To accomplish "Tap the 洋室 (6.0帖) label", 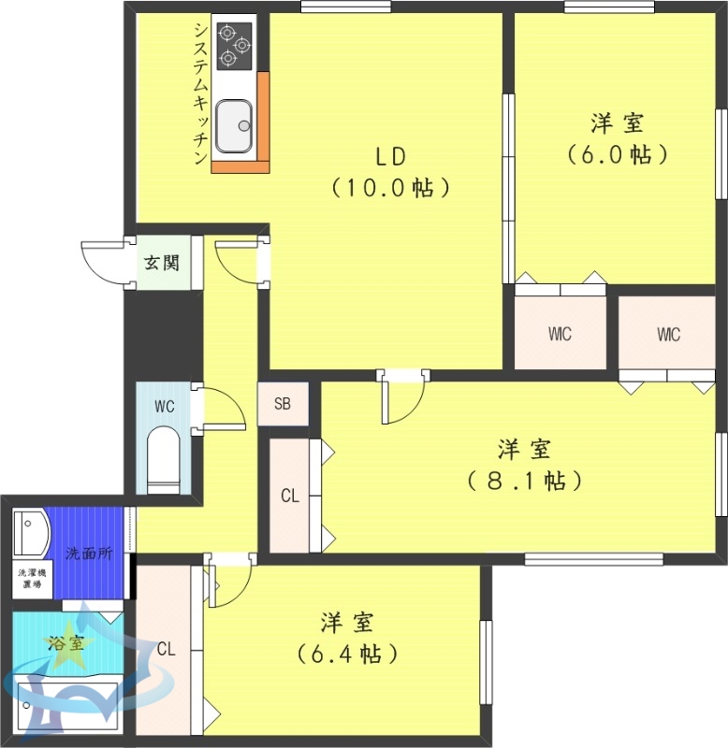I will (617, 138).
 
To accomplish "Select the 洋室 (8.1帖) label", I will (524, 465).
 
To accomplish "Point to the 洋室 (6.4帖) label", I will (347, 638).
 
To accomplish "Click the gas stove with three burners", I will (234, 46).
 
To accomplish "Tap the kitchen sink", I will (234, 126).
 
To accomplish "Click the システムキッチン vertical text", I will (200, 93).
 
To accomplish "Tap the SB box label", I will (283, 405).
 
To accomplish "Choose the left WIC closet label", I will (560, 334).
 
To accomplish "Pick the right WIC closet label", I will (668, 334).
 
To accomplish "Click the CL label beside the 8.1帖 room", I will (290, 496).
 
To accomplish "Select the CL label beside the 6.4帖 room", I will (167, 649).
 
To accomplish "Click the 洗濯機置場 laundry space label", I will (32, 579).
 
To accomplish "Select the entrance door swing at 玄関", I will (102, 263).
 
